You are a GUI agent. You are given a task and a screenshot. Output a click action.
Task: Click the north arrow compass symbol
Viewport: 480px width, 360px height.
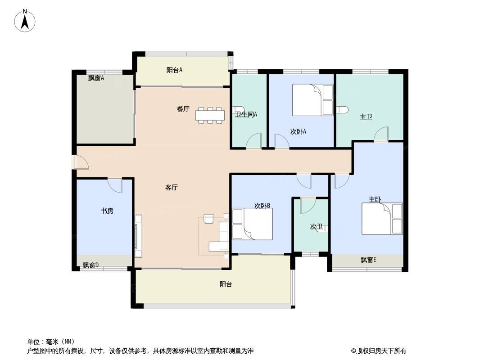pos(25,21)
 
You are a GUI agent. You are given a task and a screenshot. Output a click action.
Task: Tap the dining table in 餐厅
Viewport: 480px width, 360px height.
pos(210,115)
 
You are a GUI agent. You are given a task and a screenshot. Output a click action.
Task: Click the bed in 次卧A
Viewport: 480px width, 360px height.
pos(312,100)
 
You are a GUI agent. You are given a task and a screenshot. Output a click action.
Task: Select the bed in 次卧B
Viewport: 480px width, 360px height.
pos(252,224)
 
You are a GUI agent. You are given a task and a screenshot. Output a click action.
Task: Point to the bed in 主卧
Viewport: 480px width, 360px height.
pos(382,219)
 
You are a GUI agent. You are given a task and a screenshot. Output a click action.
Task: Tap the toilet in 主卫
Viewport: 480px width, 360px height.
pos(343,109)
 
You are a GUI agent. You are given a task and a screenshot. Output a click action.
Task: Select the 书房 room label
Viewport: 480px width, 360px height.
pos(107,211)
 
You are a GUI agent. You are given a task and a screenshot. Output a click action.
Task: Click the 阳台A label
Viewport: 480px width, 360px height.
pos(175,70)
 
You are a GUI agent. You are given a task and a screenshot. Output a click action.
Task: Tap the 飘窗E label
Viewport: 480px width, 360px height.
pos(368,260)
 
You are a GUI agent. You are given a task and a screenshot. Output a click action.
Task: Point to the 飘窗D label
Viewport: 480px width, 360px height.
pos(91,265)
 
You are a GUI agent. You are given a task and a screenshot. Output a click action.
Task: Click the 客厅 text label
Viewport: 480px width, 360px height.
pos(172,188)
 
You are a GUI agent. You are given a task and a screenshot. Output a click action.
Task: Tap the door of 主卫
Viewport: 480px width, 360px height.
pos(381,134)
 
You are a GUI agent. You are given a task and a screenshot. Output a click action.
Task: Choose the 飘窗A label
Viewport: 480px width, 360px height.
pos(96,78)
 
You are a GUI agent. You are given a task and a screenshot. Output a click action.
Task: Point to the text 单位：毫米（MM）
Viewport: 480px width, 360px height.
pos(51,342)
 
